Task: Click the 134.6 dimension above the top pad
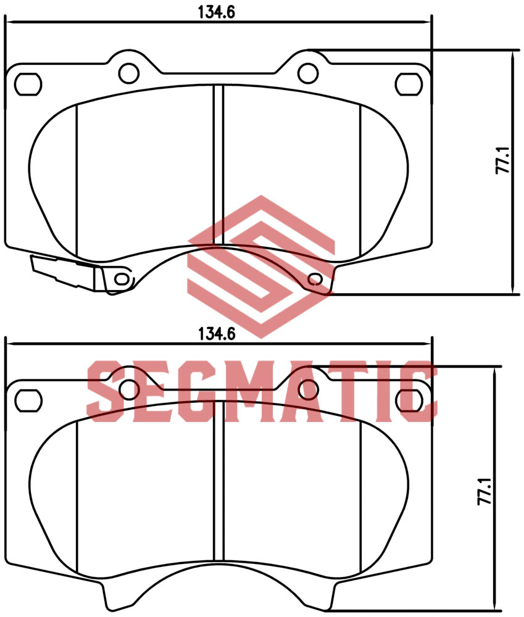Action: coord(217,12)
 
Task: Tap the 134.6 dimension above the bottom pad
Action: coord(217,334)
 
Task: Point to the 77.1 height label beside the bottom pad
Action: coord(484,491)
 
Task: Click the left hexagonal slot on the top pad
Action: coord(28,83)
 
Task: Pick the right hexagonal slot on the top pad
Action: coord(407,83)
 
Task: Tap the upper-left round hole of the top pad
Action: coord(128,72)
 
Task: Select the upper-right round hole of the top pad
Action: coord(307,72)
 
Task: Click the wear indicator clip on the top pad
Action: coord(65,272)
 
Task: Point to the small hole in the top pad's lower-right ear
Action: coord(315,279)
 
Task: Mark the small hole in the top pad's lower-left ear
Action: coord(122,278)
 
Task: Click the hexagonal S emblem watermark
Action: coord(261,265)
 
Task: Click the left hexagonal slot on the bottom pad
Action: coord(27,399)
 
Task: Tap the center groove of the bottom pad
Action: coord(218,487)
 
